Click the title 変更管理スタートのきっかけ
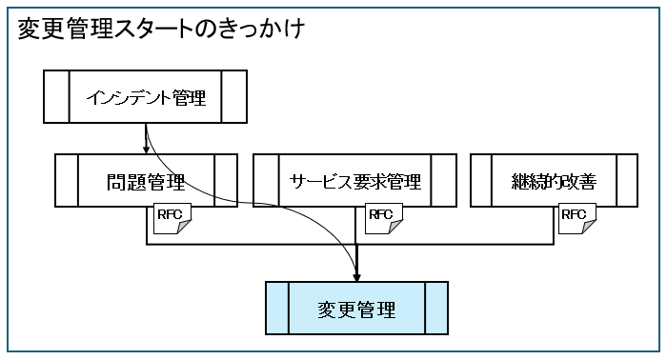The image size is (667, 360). pyautogui.click(x=161, y=30)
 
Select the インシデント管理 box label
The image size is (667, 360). pyautogui.click(x=146, y=97)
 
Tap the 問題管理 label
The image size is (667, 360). pyautogui.click(x=146, y=181)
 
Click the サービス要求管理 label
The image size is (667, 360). pyautogui.click(x=354, y=181)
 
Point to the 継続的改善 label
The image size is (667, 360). pyautogui.click(x=555, y=181)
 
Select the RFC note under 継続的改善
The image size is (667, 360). pyautogui.click(x=577, y=218)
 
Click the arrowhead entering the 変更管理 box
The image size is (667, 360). pyautogui.click(x=356, y=277)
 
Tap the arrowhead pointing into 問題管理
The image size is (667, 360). pyautogui.click(x=145, y=150)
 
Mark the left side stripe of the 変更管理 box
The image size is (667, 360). pyautogui.click(x=276, y=309)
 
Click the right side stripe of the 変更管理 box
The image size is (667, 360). pyautogui.click(x=436, y=309)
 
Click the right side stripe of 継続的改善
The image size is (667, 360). pyautogui.click(x=627, y=181)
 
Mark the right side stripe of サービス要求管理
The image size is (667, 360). pyautogui.click(x=444, y=181)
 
